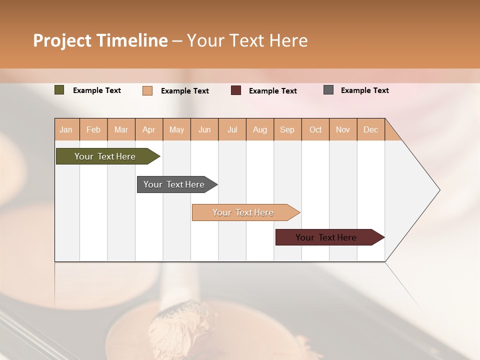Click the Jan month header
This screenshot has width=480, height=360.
tap(66, 129)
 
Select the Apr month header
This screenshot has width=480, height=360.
tap(148, 129)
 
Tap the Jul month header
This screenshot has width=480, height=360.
tap(232, 129)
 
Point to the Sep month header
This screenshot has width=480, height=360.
tap(287, 129)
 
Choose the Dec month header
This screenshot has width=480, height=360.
tap(370, 129)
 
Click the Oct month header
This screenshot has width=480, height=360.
tap(315, 129)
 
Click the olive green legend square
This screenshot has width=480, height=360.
tap(59, 90)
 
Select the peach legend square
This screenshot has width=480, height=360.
tap(147, 90)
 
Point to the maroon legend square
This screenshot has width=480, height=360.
tap(236, 90)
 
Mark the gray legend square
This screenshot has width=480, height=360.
tap(328, 90)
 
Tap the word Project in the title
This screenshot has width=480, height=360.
tap(62, 40)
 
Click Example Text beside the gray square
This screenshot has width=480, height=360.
tap(364, 90)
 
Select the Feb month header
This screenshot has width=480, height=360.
tap(93, 129)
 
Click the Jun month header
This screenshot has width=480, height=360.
tap(204, 129)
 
